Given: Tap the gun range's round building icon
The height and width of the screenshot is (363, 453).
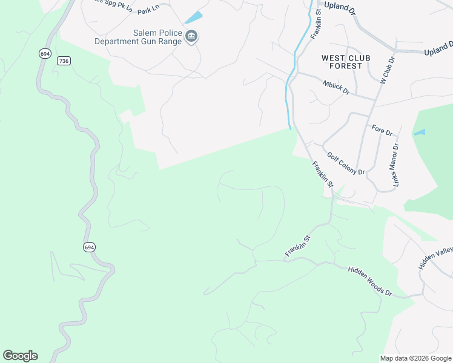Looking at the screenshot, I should click(191, 37).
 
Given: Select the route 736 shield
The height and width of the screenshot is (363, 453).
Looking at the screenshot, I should click(64, 60).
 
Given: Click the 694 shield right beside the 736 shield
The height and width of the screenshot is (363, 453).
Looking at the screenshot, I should click(45, 54).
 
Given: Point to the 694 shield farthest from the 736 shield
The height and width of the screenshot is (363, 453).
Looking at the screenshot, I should click(89, 247).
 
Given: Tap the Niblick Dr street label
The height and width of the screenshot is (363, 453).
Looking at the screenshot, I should click(336, 88).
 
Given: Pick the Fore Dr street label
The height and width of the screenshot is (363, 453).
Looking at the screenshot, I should click(382, 129).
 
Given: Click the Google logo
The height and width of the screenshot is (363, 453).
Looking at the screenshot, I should click(20, 356).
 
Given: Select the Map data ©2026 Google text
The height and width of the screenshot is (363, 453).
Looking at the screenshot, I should click(415, 358).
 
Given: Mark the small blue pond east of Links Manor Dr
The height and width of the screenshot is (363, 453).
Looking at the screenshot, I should click(420, 132).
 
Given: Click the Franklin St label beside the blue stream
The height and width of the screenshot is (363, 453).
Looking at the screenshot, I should click(316, 24).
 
